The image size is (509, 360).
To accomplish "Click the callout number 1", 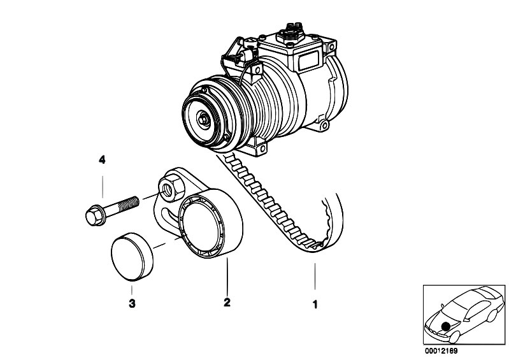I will tap(314, 304).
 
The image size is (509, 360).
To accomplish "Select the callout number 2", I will tap(226, 304).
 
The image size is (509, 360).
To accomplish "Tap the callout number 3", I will tap(132, 304).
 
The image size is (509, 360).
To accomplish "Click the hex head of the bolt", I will tap(93, 214).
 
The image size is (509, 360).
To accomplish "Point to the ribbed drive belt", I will tap(274, 204).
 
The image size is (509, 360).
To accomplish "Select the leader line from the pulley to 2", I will tap(226, 280).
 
